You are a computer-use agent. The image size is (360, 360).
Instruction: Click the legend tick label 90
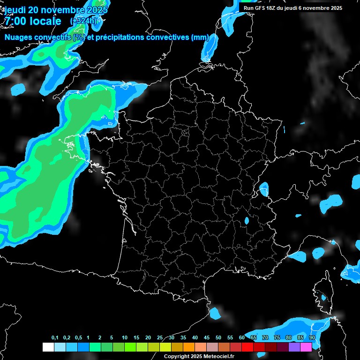pyautogui.click(x=312, y=337)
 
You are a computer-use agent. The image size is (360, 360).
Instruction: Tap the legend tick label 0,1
pyautogui.click(x=55, y=337)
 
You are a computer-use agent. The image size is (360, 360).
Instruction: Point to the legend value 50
pyautogui.click(x=218, y=337)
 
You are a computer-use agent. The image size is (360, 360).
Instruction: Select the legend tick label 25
pyautogui.click(x=160, y=337)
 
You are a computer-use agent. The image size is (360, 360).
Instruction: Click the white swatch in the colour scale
pyautogui.click(x=48, y=347)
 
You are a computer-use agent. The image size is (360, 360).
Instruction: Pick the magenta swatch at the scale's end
pyautogui.click(x=306, y=347)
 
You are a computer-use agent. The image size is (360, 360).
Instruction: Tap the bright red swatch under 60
pyautogui.click(x=247, y=347)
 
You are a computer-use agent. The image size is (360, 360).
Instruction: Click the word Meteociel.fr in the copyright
pyautogui.click(x=218, y=356)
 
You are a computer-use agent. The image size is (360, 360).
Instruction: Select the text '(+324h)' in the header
pyautogui.click(x=83, y=21)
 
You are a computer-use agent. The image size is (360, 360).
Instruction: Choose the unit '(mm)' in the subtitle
pyautogui.click(x=200, y=37)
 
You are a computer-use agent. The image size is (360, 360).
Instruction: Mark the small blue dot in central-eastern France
pyautogui.click(x=247, y=220)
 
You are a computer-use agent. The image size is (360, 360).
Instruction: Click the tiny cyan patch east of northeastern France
pyautogui.click(x=302, y=124)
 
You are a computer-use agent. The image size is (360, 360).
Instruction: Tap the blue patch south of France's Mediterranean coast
pyautogui.click(x=215, y=312)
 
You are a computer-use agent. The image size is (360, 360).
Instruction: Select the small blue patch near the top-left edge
pyautogui.click(x=19, y=88)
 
